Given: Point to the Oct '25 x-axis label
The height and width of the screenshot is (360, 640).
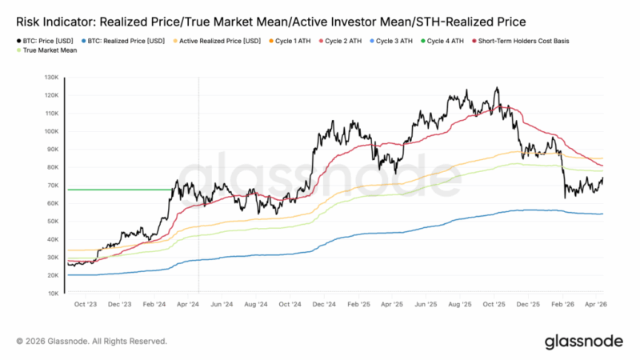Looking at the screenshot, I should point(497,305).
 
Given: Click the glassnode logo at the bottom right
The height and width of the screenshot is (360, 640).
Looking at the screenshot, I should point(583,342).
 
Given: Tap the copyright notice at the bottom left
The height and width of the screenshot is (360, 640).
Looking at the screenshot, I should point(91,342).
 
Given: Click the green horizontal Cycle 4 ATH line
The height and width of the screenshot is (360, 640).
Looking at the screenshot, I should point(120,190).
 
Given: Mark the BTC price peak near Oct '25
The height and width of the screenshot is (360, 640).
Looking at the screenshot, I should point(497,88).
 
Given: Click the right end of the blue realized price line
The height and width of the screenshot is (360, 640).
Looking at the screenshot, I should point(602,214).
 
